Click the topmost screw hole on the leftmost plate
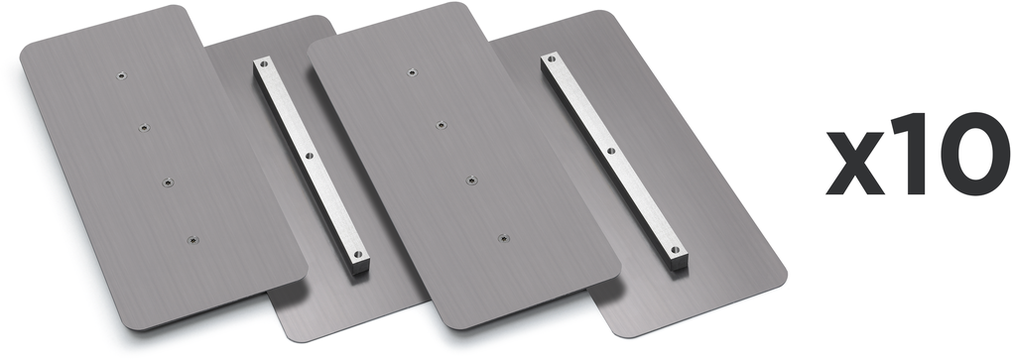pyautogui.click(x=121, y=75)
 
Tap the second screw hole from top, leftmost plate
pyautogui.click(x=144, y=128)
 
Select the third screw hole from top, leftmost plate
pyautogui.click(x=168, y=182)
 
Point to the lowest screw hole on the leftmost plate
pyautogui.click(x=192, y=240)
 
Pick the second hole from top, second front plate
pyautogui.click(x=441, y=125)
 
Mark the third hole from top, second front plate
pyautogui.click(x=472, y=180)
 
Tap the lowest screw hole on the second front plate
pyautogui.click(x=503, y=238)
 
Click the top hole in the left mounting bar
pyautogui.click(x=263, y=63)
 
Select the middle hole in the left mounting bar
pyautogui.click(x=309, y=156)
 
